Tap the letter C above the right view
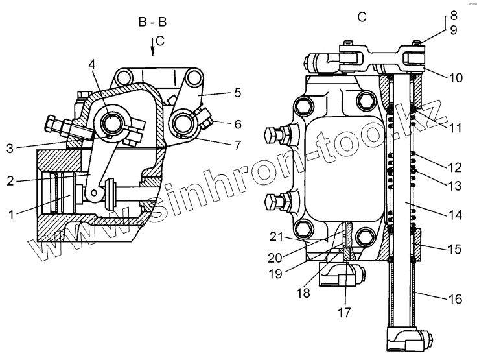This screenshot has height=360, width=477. [362, 18]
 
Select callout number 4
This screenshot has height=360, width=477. [92, 65]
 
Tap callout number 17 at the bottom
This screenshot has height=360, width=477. [344, 311]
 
